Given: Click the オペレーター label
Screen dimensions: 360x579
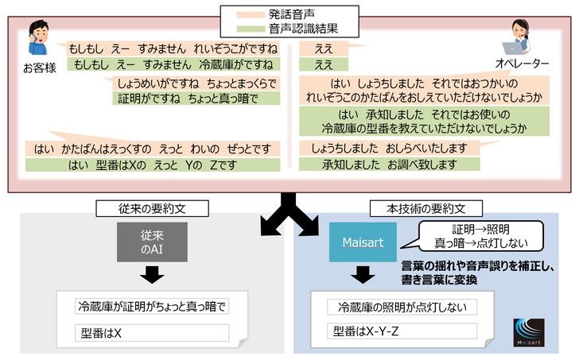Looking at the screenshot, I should pos(523,63).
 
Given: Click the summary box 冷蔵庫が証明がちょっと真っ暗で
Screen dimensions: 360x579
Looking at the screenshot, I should pos(151,306).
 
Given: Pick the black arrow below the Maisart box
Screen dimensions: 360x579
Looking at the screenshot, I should pos(363,274).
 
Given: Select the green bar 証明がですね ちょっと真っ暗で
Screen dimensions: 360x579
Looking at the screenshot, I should pos(197,99).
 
